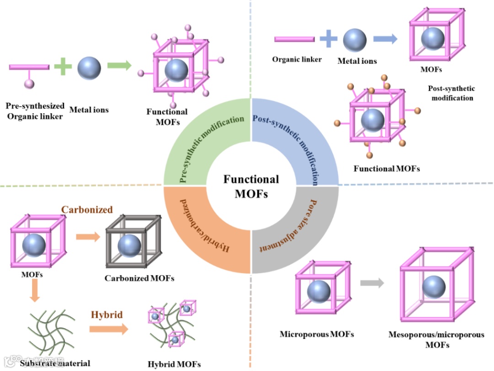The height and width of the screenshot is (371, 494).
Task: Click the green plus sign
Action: click(63, 67)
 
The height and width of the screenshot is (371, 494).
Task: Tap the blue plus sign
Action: click(328, 39)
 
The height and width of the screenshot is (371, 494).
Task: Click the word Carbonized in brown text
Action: click(87, 209)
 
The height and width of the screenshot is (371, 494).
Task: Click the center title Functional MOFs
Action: click(251, 186)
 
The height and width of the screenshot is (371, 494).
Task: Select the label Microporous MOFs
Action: click(317, 334)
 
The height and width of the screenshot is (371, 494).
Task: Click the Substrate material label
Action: click(55, 364)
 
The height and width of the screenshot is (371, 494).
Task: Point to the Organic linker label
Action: click(297, 59)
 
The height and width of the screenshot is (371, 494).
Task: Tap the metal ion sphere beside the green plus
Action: click(89, 67)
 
